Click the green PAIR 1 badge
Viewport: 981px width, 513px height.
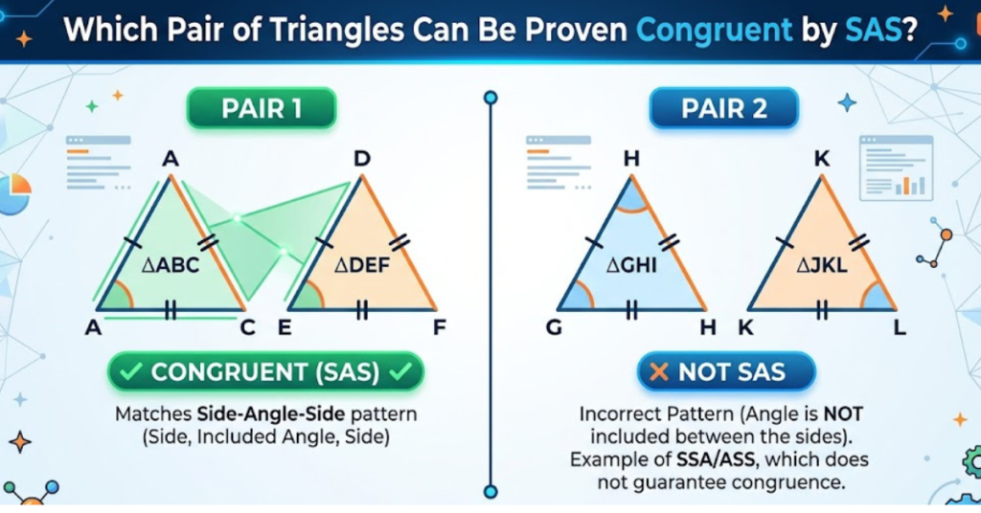coord(261,108)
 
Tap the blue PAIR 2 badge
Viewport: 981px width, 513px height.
coord(723,109)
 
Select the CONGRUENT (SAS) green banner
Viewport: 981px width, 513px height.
coord(264,371)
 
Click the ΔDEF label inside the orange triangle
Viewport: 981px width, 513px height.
coord(361,265)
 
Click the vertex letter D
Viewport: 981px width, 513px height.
coord(362,158)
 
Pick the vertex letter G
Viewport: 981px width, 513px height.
coord(554,328)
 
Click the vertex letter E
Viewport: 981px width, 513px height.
coord(285,328)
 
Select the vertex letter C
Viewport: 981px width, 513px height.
coord(247,328)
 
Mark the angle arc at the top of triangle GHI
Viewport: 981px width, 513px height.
coord(631,193)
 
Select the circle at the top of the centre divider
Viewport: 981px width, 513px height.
coord(490,98)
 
